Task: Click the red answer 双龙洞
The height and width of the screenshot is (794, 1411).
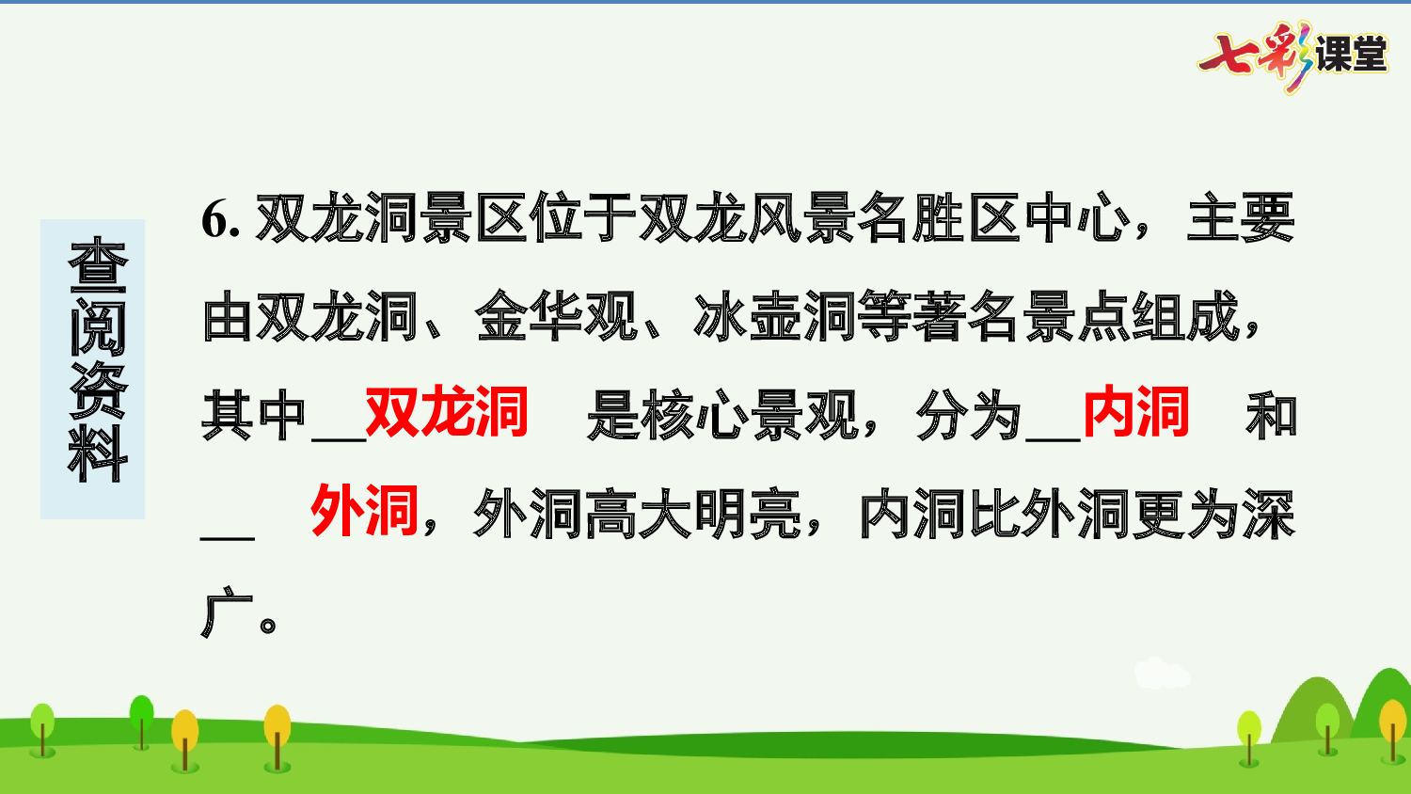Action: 447,412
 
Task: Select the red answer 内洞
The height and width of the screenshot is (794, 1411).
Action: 1136,412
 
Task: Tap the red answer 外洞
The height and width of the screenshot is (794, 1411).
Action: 364,512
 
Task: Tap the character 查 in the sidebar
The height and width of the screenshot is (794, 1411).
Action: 96,265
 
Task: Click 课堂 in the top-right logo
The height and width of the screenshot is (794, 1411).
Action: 1351,55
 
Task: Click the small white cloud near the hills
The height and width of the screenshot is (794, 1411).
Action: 1162,674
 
